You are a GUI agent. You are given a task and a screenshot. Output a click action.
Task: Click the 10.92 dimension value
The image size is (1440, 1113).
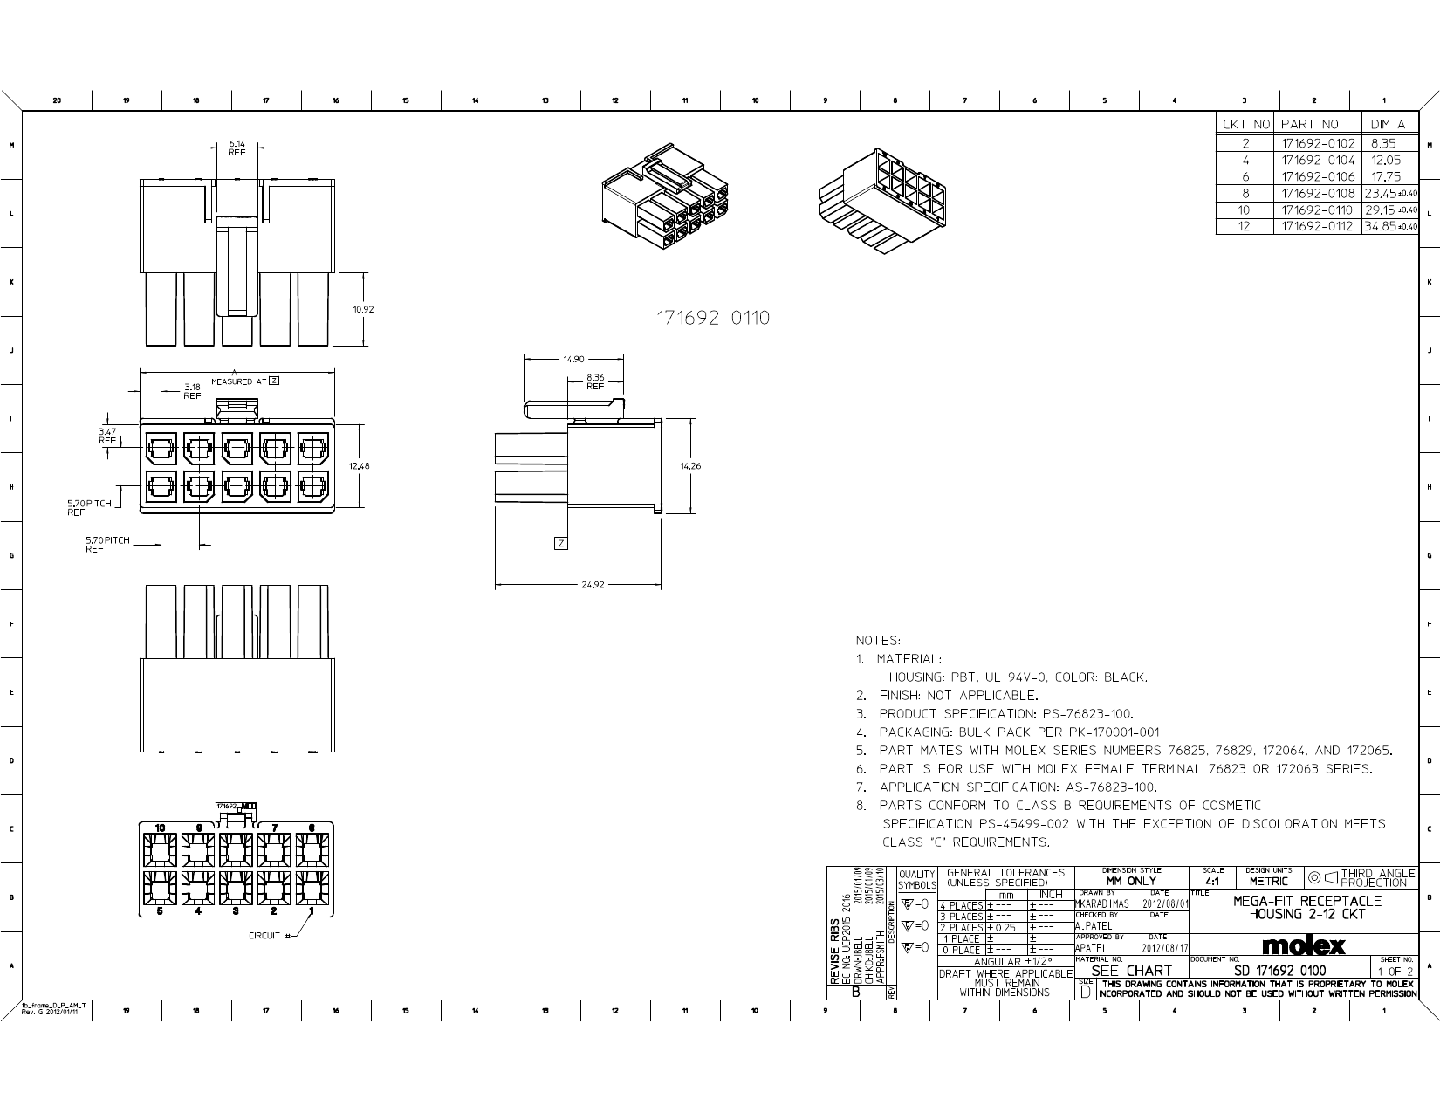pyautogui.click(x=364, y=309)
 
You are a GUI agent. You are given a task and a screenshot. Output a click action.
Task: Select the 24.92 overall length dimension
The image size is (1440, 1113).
pyautogui.click(x=592, y=585)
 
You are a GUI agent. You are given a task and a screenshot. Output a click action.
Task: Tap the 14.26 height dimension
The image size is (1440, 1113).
pyautogui.click(x=690, y=466)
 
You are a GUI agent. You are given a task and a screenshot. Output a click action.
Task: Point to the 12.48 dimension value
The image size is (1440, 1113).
pyautogui.click(x=360, y=466)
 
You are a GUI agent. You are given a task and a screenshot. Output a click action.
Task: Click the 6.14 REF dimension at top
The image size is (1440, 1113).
pyautogui.click(x=237, y=148)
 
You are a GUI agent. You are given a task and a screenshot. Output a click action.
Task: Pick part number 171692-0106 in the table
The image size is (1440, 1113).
pyautogui.click(x=1318, y=176)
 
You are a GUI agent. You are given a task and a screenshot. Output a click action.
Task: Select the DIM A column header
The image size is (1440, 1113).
pyautogui.click(x=1388, y=125)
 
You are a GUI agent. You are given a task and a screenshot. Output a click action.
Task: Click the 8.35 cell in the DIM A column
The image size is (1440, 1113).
pyautogui.click(x=1383, y=143)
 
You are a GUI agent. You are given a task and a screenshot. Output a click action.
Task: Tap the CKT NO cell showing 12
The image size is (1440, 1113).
pyautogui.click(x=1245, y=226)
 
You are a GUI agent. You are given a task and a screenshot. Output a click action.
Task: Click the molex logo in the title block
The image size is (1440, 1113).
pyautogui.click(x=1305, y=946)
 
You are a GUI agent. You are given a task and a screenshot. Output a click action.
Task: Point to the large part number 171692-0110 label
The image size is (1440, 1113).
pyautogui.click(x=713, y=318)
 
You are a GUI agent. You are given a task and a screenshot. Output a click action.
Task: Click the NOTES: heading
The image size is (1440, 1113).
pyautogui.click(x=878, y=641)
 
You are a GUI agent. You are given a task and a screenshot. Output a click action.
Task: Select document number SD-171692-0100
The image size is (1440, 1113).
pyautogui.click(x=1279, y=971)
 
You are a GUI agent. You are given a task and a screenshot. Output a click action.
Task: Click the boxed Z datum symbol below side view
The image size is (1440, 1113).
pyautogui.click(x=561, y=544)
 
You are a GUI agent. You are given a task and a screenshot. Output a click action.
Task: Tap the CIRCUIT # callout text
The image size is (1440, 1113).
pyautogui.click(x=266, y=936)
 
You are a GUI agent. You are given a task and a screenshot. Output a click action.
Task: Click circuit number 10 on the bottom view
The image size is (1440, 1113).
pyautogui.click(x=161, y=828)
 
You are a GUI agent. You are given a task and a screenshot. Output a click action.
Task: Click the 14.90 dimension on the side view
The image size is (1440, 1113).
pyautogui.click(x=573, y=359)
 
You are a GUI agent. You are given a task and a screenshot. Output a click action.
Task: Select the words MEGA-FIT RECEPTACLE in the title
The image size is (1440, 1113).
pyautogui.click(x=1306, y=901)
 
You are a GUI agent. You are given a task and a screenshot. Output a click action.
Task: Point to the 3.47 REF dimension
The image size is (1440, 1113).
pyautogui.click(x=107, y=436)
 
